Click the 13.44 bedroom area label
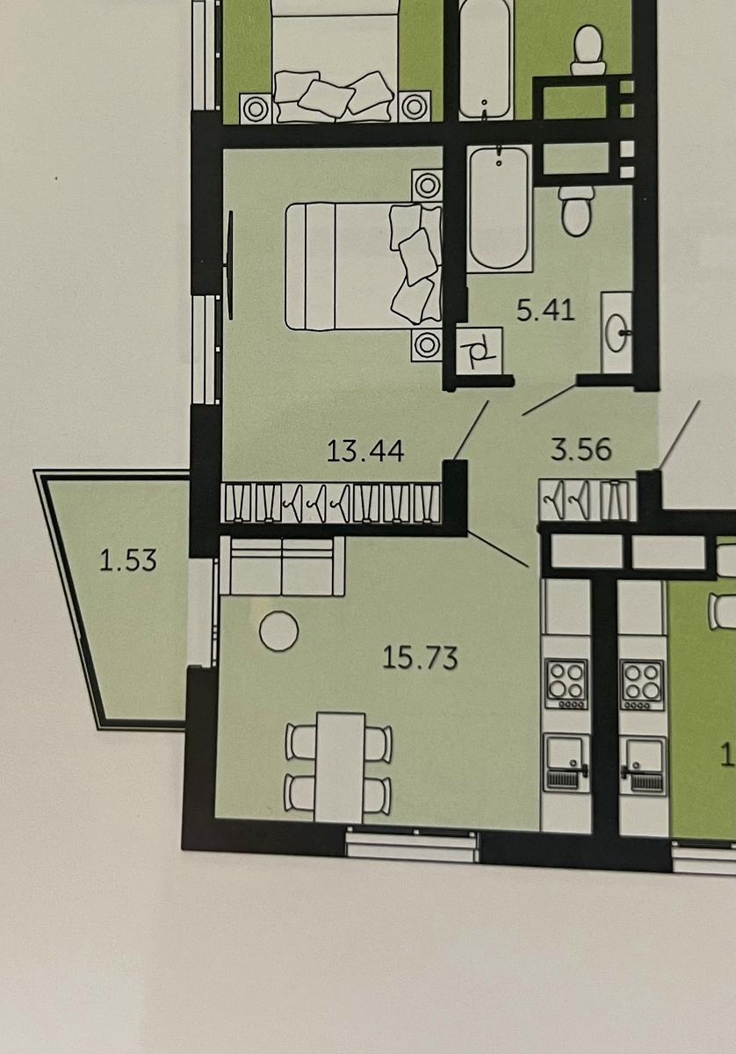coord(365,450)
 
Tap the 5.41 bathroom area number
coord(545,310)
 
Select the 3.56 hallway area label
coord(581,449)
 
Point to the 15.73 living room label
coord(420,657)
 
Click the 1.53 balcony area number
coord(128,560)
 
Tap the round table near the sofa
coord(278,631)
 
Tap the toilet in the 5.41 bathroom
coord(576,210)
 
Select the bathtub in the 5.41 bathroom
coord(499,208)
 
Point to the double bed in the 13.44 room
coord(364,266)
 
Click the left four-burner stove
coord(566,684)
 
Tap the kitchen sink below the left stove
coord(566,763)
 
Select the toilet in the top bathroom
coord(588,49)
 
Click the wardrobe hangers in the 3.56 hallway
coord(588,499)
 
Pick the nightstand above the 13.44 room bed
coord(427,185)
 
